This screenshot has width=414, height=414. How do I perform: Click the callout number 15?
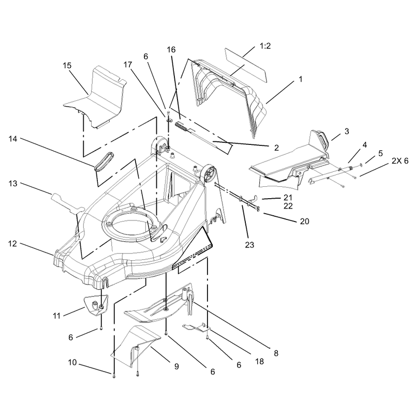click(x=67, y=66)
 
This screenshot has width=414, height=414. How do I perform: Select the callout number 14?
click(x=13, y=139)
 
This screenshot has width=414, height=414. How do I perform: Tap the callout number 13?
click(x=13, y=184)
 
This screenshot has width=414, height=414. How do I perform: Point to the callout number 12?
click(x=12, y=244)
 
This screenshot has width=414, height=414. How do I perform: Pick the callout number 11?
click(x=57, y=316)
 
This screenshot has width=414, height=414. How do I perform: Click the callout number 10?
click(x=72, y=363)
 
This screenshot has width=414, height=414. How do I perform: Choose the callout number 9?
click(x=176, y=366)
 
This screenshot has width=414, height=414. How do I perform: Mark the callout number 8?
click(x=276, y=353)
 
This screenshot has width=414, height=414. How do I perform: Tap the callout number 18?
click(x=260, y=361)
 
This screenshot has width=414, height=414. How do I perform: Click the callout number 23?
click(x=249, y=245)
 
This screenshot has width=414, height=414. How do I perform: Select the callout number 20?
click(x=304, y=221)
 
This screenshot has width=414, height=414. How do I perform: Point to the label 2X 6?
click(x=400, y=161)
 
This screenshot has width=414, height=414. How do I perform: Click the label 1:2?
click(x=265, y=46)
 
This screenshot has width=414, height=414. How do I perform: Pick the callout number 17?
click(x=128, y=65)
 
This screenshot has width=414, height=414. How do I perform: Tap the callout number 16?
click(x=171, y=50)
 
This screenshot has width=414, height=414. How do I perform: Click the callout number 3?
click(x=347, y=131)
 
